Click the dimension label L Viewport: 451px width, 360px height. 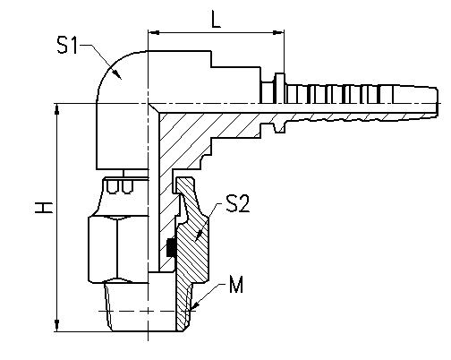pyautogui.click(x=216, y=19)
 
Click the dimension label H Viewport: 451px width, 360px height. pyautogui.click(x=44, y=208)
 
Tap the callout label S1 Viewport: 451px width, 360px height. pyautogui.click(x=67, y=45)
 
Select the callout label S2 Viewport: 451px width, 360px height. pyautogui.click(x=238, y=203)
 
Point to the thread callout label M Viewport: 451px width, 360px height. pyautogui.click(x=236, y=284)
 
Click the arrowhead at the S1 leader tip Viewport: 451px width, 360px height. pyautogui.click(x=117, y=74)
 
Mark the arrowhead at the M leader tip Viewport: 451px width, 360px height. pyautogui.click(x=194, y=305)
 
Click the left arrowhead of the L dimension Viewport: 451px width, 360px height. pyautogui.click(x=154, y=32)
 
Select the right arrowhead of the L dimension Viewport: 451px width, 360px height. pyautogui.click(x=278, y=32)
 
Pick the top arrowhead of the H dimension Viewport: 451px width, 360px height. pyautogui.click(x=56, y=109)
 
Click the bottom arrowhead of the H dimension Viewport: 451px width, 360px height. pyautogui.click(x=56, y=326)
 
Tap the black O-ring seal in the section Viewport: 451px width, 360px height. pyautogui.click(x=171, y=247)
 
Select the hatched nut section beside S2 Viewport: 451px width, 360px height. pyautogui.click(x=192, y=236)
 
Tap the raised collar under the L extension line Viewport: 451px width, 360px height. pyautogui.click(x=279, y=89)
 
